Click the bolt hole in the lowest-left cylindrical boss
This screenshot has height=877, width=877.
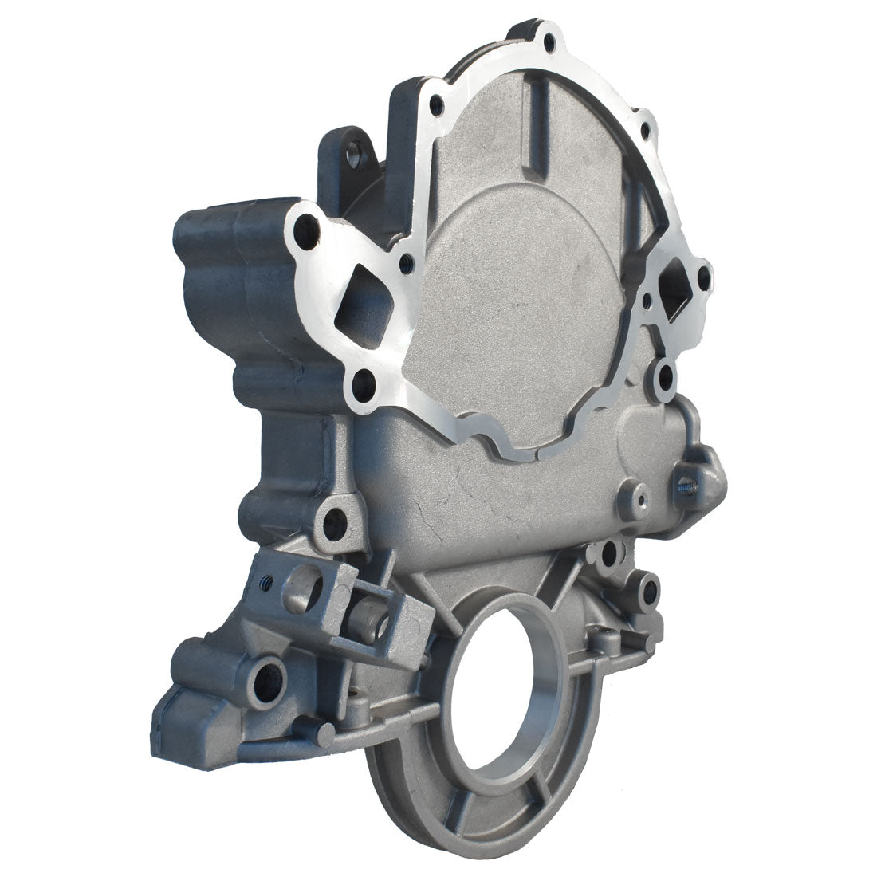pos(264,678)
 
